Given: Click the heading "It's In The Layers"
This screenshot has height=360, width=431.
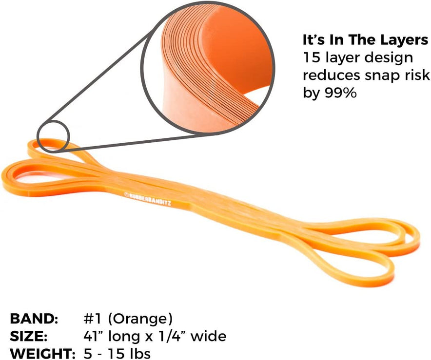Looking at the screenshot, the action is [365, 40].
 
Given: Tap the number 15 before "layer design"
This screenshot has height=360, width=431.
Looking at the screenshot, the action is [312, 57].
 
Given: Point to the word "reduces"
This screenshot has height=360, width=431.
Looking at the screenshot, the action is [332, 75].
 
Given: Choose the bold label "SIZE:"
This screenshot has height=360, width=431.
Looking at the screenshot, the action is [29, 336].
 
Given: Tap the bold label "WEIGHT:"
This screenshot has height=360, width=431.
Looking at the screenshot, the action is [42, 353].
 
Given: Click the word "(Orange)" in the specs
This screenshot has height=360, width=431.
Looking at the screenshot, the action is [140, 319].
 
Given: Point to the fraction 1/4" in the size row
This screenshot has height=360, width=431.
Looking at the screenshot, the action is [171, 336].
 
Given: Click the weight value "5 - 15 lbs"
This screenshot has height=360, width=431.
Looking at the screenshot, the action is [117, 353].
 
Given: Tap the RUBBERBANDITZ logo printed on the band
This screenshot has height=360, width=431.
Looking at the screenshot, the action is [148, 199].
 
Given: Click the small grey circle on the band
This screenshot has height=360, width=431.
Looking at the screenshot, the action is [53, 136].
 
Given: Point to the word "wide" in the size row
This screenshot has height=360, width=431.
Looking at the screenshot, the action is [208, 336].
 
